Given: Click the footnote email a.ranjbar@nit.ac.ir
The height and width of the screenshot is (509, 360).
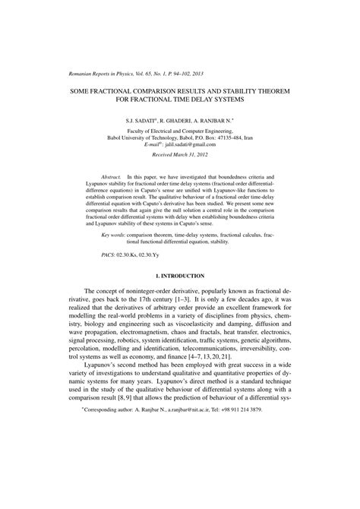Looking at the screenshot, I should pyautogui.click(x=184, y=495).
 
